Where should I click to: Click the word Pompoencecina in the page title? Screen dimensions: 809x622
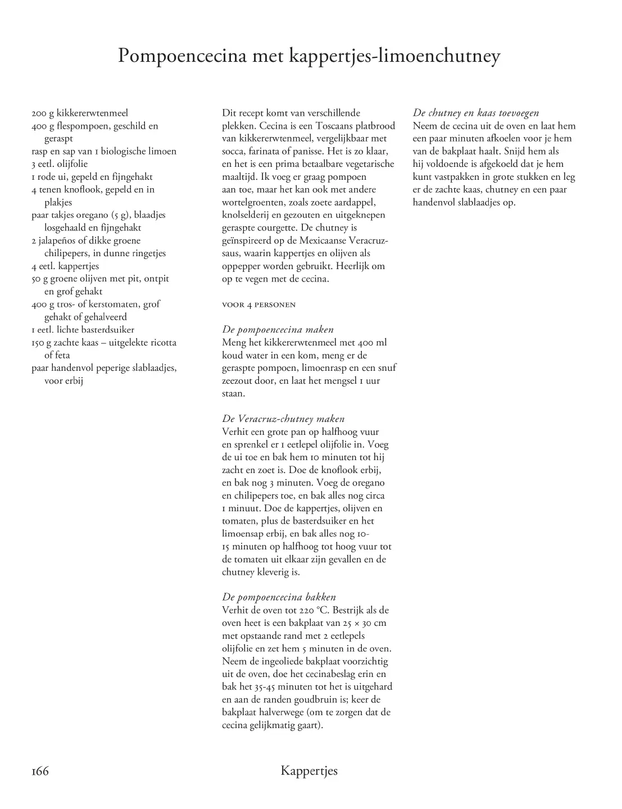click(x=182, y=57)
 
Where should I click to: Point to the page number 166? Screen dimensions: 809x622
click(x=40, y=771)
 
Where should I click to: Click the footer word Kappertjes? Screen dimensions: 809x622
click(x=309, y=771)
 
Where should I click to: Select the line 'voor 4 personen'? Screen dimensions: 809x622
click(x=258, y=305)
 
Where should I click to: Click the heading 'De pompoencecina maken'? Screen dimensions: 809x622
click(x=278, y=330)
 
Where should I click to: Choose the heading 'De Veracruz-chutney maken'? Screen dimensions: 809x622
click(x=283, y=419)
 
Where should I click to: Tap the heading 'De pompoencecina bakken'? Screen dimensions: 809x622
click(x=279, y=597)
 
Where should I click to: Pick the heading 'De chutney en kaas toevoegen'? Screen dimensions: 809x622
click(x=475, y=113)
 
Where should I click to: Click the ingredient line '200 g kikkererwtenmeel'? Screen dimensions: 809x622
click(x=80, y=113)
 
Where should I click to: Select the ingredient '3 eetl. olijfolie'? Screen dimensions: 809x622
click(x=60, y=164)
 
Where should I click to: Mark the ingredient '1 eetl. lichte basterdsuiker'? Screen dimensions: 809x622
click(x=83, y=330)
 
